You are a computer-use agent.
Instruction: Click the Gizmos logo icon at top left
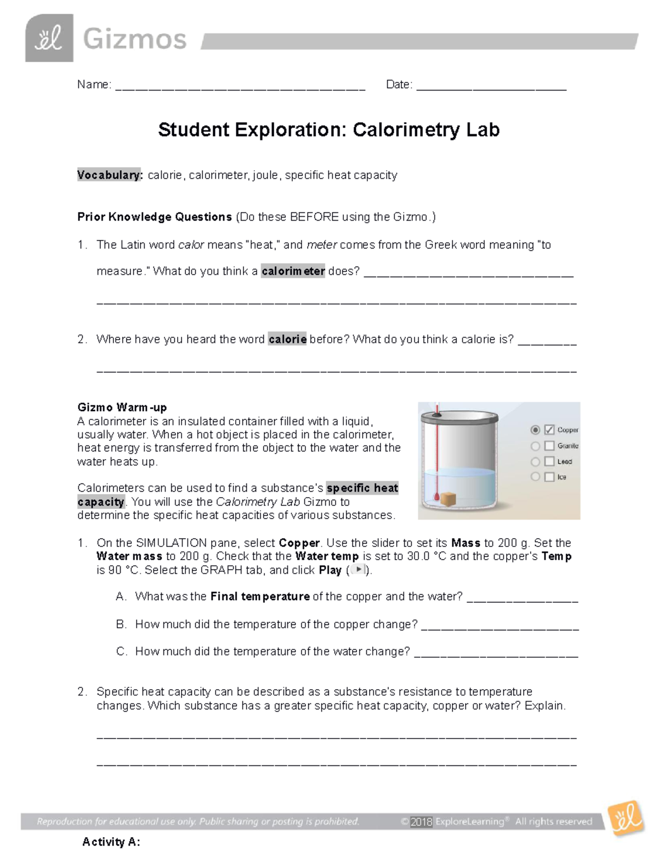49,38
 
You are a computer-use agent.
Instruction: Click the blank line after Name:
240,86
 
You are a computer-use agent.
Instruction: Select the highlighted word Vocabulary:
110,175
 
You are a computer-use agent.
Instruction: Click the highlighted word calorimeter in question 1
293,271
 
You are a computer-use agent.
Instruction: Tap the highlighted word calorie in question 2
287,339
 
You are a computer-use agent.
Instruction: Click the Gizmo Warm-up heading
122,407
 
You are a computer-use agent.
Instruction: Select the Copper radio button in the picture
535,430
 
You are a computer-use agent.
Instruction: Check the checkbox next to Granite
549,446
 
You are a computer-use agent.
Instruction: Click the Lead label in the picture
565,462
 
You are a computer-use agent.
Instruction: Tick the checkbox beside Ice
549,477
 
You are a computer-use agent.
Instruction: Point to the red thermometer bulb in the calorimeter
436,497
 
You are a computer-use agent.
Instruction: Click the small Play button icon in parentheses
358,569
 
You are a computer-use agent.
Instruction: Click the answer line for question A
522,597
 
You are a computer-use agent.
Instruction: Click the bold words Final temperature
260,596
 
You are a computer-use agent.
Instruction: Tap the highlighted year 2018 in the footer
421,821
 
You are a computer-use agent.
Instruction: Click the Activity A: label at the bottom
111,842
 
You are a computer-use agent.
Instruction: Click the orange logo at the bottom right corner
626,818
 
